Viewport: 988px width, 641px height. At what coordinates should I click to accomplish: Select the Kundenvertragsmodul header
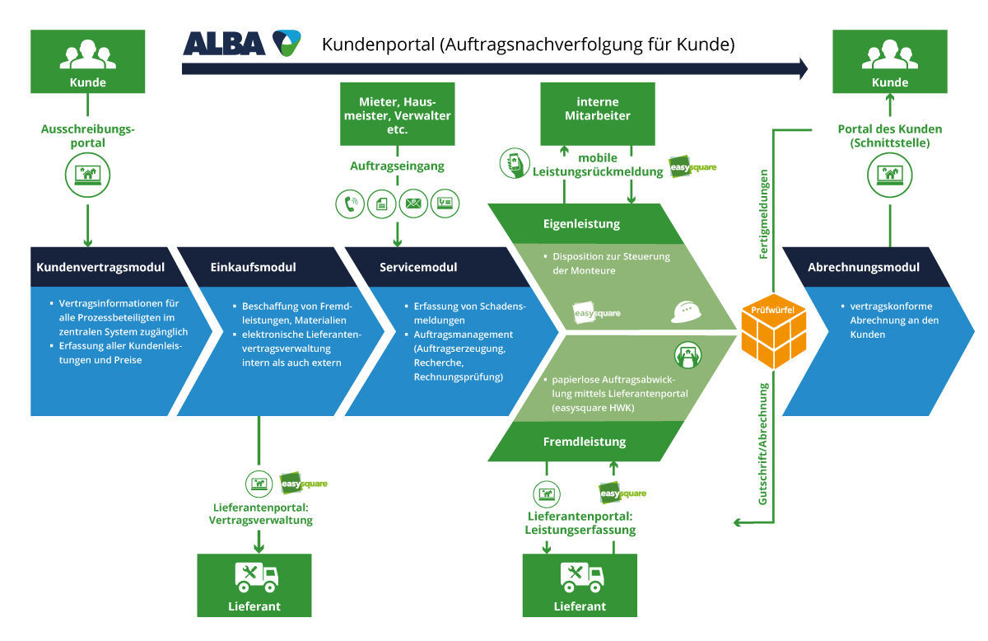point(100,268)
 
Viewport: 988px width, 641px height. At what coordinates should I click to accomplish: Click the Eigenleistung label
point(582,224)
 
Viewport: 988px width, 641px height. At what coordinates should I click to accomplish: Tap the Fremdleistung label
point(585,442)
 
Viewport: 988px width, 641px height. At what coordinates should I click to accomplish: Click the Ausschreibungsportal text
point(87,135)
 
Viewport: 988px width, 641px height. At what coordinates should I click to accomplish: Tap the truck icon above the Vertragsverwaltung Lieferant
point(256,576)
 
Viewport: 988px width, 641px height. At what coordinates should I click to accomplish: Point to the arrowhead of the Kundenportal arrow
point(802,68)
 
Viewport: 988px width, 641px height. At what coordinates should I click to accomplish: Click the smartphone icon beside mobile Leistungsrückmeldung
point(514,163)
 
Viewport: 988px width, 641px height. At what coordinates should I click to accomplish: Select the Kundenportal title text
point(527,44)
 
